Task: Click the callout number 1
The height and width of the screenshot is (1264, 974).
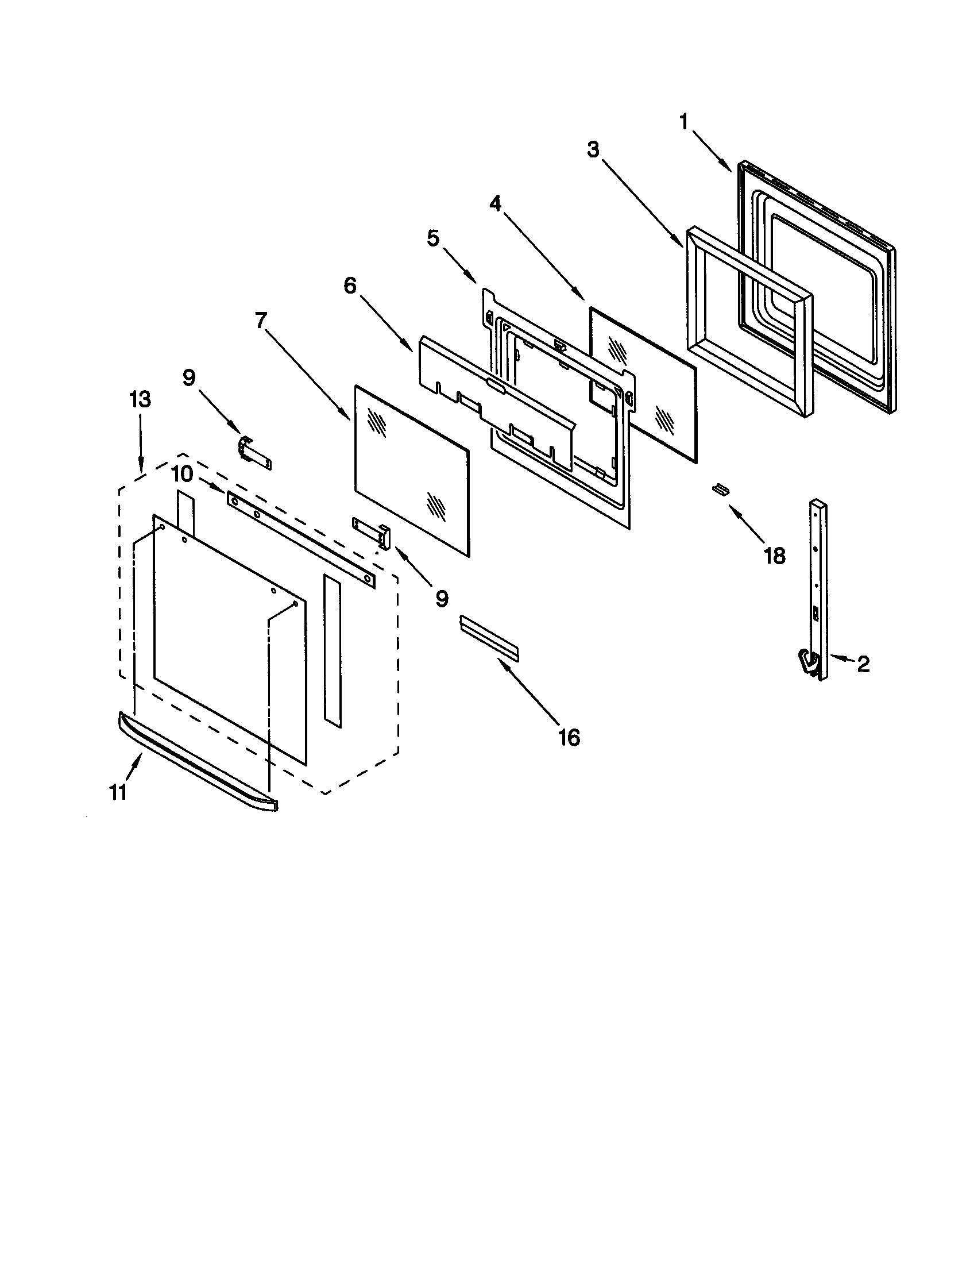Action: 683,122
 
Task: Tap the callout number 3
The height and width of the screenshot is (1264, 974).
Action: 593,150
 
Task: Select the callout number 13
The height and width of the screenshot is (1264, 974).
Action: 140,399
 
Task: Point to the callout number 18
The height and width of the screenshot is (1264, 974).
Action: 774,556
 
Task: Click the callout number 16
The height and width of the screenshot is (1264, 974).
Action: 569,737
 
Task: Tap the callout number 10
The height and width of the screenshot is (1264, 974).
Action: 182,474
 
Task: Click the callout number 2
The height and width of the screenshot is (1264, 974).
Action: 863,664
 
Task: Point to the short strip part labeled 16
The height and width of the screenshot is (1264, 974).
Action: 489,638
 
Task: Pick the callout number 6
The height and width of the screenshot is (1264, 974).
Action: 350,286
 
